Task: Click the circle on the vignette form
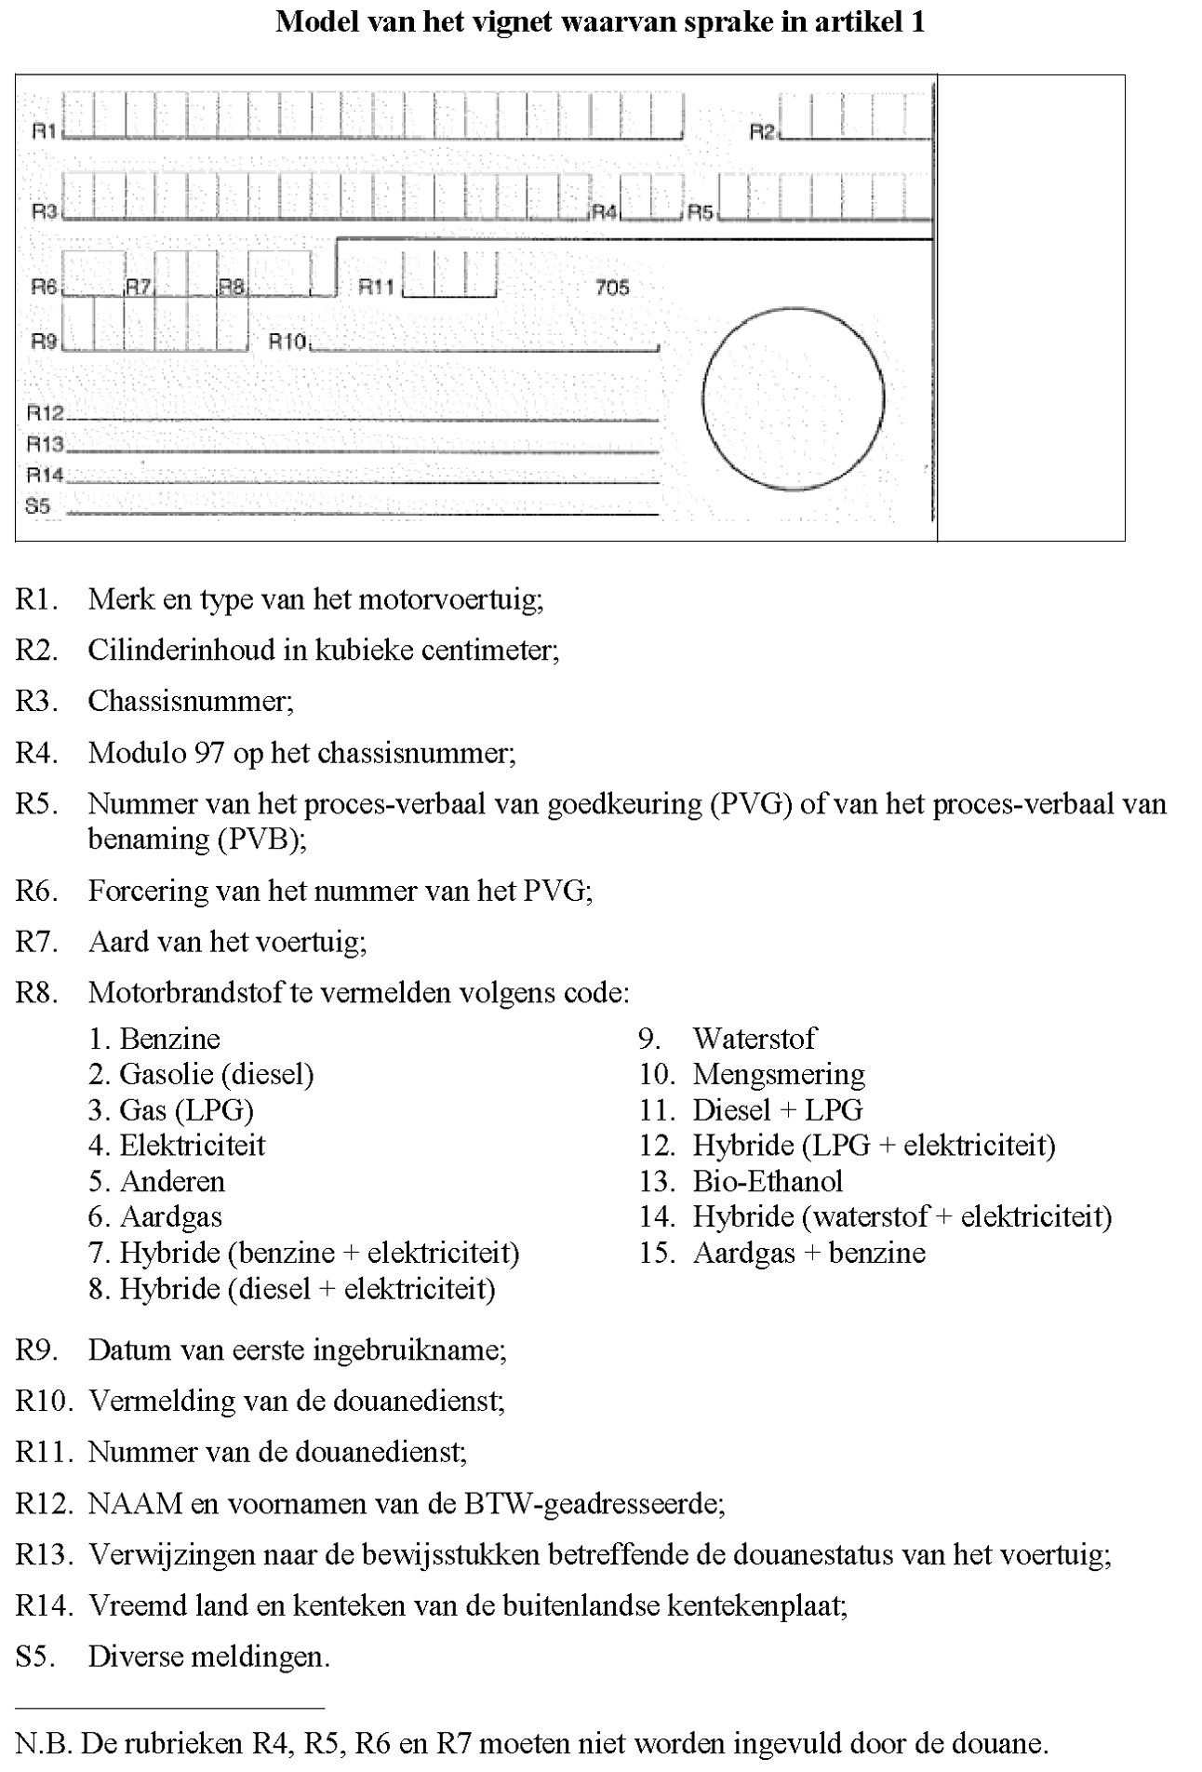click(x=793, y=399)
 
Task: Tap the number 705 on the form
click(x=612, y=288)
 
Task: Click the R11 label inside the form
click(x=377, y=287)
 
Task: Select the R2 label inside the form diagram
click(x=763, y=133)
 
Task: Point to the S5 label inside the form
click(x=38, y=506)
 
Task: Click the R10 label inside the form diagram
click(x=287, y=342)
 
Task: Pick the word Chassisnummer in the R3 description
click(x=190, y=701)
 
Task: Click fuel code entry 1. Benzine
click(x=154, y=1039)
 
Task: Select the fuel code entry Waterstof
click(x=754, y=1039)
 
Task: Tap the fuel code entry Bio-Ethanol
click(x=768, y=1181)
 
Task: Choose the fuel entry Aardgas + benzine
click(x=808, y=1253)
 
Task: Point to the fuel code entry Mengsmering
click(x=778, y=1075)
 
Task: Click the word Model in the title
click(x=312, y=22)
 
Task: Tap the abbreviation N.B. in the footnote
click(x=44, y=1743)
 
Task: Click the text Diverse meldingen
click(x=208, y=1657)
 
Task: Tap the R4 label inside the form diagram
click(x=605, y=212)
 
